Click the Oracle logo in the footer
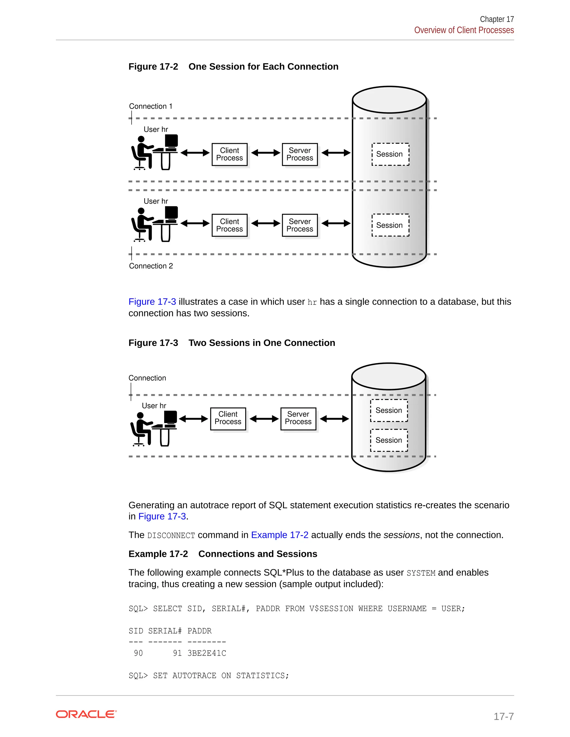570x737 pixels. [x=86, y=714]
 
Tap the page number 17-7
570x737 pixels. [x=503, y=716]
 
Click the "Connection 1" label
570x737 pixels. [x=151, y=106]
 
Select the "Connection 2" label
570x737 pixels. [x=151, y=266]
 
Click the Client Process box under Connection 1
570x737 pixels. [x=230, y=154]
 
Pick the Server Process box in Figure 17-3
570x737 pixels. [x=298, y=419]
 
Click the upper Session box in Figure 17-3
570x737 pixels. [x=389, y=410]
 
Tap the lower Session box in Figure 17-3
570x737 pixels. [x=389, y=440]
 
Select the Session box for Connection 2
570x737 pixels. [x=390, y=225]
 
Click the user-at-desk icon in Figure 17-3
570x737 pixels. [x=154, y=429]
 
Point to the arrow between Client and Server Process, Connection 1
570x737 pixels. [x=266, y=153]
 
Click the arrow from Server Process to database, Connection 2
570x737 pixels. [x=336, y=223]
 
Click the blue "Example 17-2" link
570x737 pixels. [x=280, y=535]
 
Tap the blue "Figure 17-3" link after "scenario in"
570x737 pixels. [x=162, y=516]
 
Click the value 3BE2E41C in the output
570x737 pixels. [x=207, y=653]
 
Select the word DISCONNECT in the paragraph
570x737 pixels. [x=171, y=536]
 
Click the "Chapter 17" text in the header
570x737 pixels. [x=497, y=19]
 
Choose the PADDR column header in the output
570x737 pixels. [x=200, y=631]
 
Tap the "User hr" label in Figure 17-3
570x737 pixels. [x=154, y=405]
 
